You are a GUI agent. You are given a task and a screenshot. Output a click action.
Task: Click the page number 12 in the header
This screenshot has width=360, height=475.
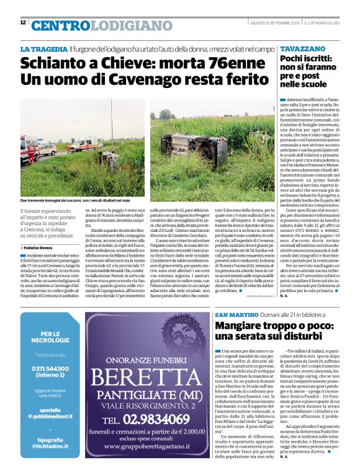[23, 22]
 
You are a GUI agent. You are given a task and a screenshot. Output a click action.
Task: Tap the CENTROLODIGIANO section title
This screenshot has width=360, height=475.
[94, 25]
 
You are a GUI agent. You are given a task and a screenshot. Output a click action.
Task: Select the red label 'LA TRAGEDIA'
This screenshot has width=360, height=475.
[43, 48]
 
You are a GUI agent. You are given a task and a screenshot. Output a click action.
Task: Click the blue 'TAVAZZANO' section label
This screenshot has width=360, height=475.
[302, 48]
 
